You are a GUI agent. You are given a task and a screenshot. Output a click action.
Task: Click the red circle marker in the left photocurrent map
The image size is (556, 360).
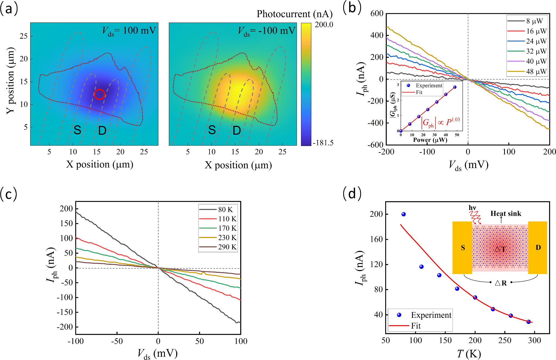[x=100, y=94]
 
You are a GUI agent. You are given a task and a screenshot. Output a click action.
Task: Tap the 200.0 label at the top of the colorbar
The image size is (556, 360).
[x=324, y=25]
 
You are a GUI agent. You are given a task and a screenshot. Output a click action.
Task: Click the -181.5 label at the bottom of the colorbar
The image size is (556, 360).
[x=323, y=143]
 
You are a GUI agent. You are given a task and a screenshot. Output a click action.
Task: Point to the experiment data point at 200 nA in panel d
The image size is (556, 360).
[x=403, y=214]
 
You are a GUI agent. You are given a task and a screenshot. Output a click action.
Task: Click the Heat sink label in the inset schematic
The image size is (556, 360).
[x=506, y=213]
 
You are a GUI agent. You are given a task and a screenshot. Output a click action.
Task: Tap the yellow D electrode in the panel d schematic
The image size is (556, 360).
[x=538, y=248]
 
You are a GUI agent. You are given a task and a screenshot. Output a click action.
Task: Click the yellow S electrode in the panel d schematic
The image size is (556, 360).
[x=462, y=248]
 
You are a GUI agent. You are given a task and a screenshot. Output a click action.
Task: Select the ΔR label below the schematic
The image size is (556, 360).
[x=501, y=283]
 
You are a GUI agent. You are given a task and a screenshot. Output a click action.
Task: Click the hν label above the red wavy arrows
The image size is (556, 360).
[x=472, y=208]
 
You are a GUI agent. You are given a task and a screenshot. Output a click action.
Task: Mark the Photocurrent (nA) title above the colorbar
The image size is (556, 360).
[x=295, y=14]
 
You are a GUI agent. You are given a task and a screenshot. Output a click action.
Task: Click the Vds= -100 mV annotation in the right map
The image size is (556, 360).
[x=267, y=31]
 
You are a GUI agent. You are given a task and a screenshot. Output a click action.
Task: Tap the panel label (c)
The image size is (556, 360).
[x=9, y=194]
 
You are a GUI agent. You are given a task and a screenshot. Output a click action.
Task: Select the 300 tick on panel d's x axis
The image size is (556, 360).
[x=534, y=340]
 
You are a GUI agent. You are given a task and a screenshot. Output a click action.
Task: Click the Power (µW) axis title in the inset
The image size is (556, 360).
[x=430, y=140]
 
